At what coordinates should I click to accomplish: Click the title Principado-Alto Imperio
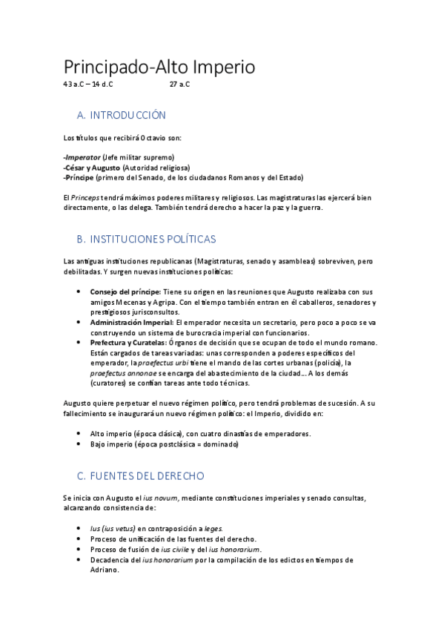[159, 67]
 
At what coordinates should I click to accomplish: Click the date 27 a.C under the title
[179, 85]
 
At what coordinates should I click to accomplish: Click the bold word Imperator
[82, 157]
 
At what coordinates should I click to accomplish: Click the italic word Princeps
[90, 198]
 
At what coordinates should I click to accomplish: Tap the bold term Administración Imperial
[131, 323]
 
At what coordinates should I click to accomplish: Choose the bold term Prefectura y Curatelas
[128, 343]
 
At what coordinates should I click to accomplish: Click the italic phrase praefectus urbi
[162, 363]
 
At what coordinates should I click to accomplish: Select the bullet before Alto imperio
[79, 433]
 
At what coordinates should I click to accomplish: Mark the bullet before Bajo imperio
[79, 444]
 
